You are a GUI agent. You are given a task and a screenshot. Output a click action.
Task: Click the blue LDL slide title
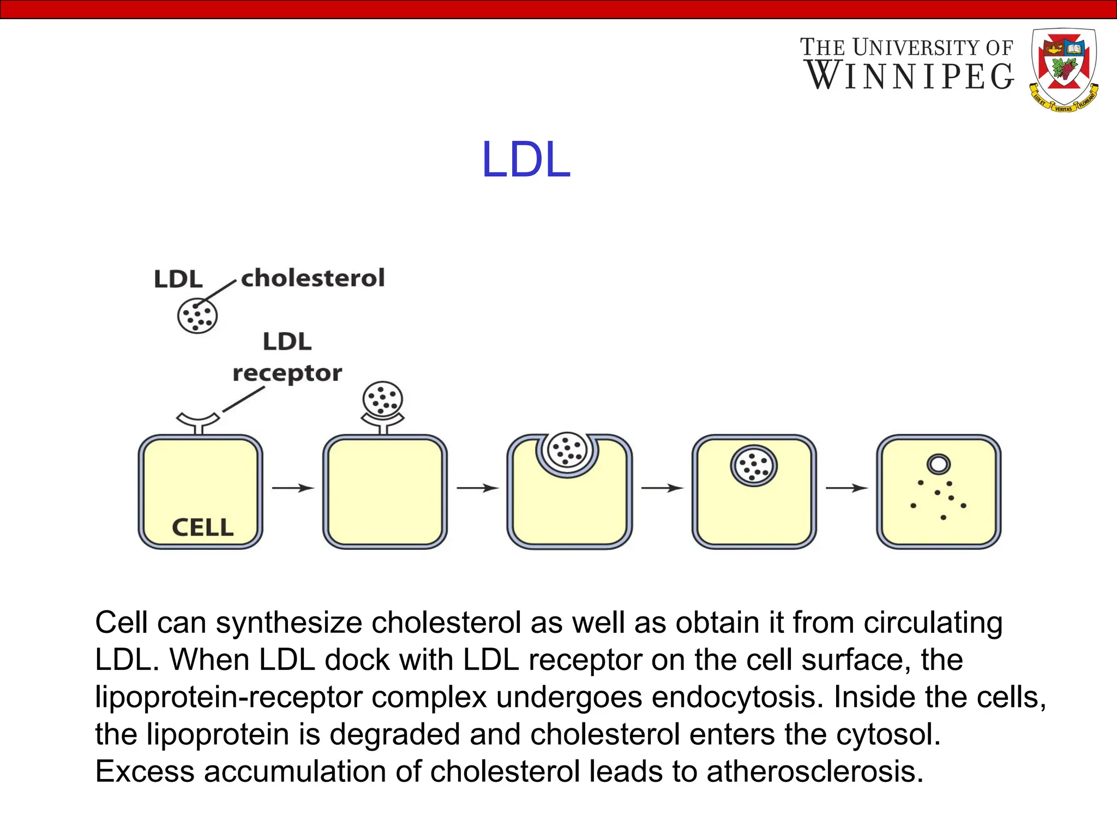526,160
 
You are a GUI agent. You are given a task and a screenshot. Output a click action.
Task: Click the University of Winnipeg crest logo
1064,69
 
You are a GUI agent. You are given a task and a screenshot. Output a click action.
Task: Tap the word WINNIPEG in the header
909,76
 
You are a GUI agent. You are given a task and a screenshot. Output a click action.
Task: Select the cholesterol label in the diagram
313,278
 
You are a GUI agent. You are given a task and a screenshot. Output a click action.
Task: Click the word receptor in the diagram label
287,374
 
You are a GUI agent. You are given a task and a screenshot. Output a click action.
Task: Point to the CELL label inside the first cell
202,528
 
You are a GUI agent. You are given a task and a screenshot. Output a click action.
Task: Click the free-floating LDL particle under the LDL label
197,316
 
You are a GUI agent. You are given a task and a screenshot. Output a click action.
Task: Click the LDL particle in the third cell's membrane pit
567,450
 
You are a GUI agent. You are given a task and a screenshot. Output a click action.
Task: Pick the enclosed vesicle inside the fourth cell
754,466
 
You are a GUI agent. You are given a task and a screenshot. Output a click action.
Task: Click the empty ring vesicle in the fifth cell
938,464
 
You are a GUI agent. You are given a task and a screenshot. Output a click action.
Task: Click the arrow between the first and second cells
293,488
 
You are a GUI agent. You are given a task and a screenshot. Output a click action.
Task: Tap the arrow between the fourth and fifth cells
846,488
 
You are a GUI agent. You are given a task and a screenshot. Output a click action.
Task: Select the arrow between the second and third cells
477,488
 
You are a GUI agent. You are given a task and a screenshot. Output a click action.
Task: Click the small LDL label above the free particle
178,279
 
